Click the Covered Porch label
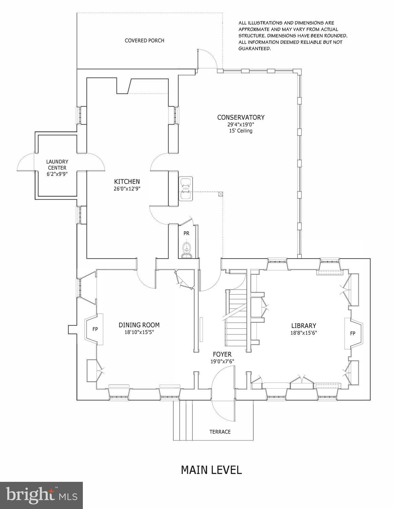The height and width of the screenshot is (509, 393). (144, 40)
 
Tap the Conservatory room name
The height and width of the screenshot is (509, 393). (241, 117)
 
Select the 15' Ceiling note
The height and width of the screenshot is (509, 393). (241, 131)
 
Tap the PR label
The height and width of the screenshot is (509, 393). (186, 233)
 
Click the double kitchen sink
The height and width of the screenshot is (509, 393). (186, 189)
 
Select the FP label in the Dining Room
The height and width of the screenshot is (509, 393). (95, 329)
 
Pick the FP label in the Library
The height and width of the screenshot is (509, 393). (353, 333)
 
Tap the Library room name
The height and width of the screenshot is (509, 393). (304, 325)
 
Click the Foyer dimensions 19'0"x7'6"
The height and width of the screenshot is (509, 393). (222, 362)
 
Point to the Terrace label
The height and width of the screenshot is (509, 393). (220, 432)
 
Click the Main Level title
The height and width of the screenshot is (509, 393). (211, 470)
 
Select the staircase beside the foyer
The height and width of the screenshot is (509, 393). (236, 317)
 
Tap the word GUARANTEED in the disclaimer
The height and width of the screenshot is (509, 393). (254, 48)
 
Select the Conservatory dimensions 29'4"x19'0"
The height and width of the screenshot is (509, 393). (241, 125)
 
